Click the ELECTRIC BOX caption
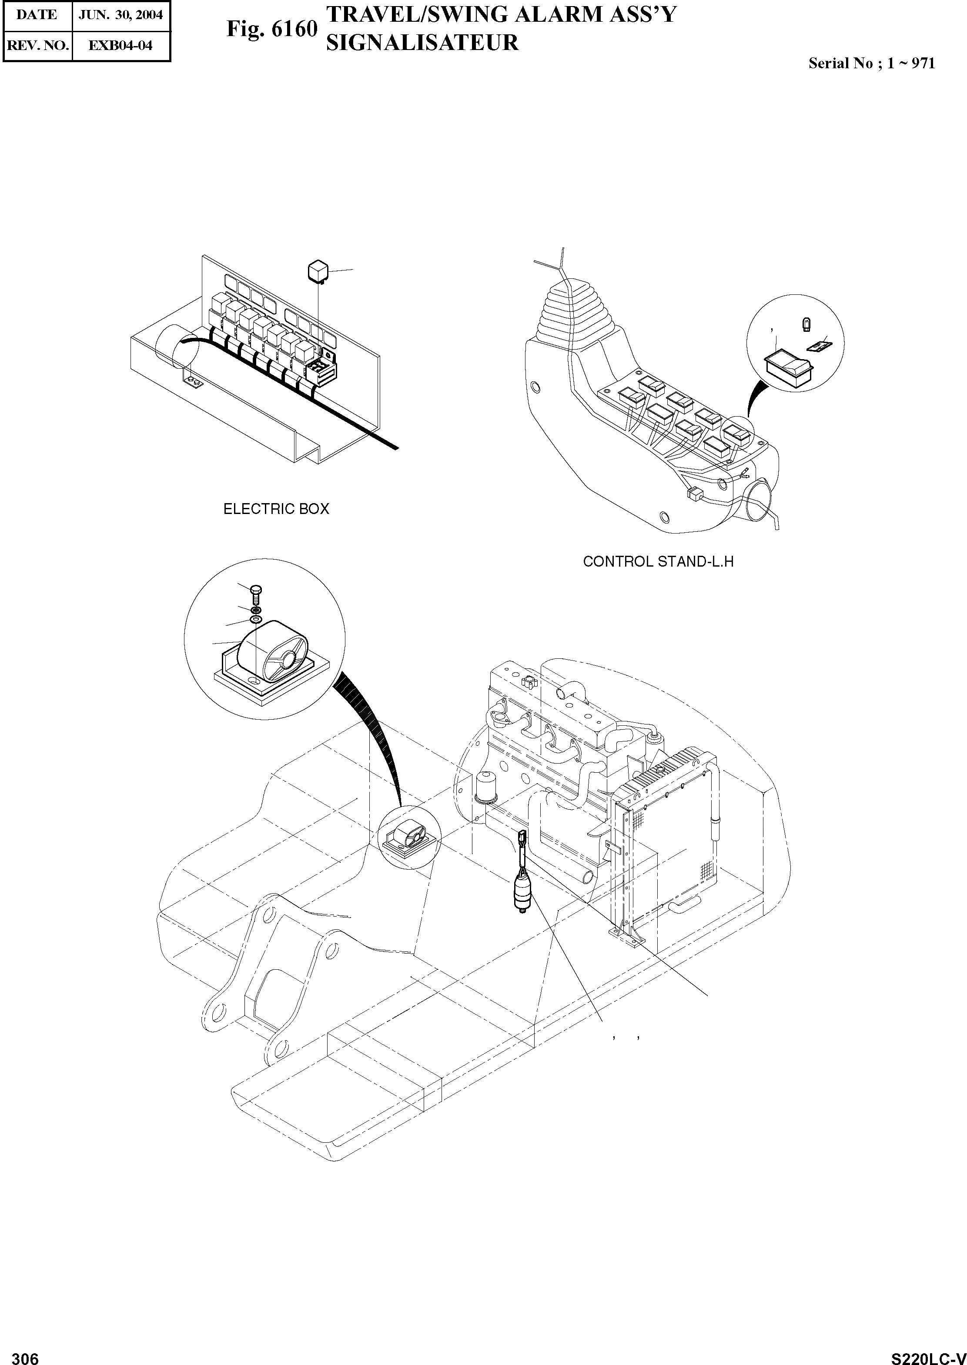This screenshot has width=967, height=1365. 276,509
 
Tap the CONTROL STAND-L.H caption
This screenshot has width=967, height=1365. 658,561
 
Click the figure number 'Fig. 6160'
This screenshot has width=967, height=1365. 271,29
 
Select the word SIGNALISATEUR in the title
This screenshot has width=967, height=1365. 422,43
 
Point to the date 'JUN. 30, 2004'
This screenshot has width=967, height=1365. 121,15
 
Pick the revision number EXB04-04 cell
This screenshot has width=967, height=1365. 120,45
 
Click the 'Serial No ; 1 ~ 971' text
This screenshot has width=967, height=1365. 871,63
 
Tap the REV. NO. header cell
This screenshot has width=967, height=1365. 37,45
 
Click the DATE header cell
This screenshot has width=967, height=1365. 37,15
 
